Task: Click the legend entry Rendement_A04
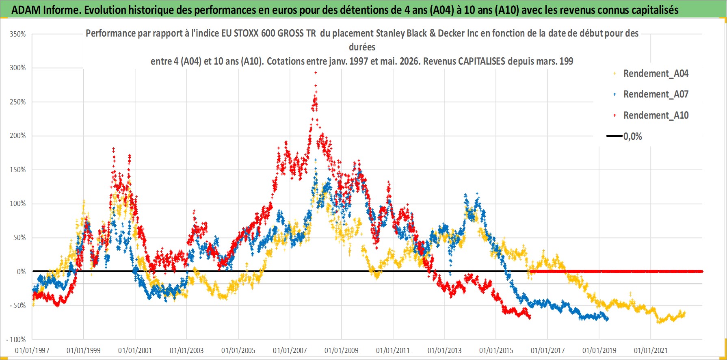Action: (x=656, y=74)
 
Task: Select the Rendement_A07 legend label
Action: (x=656, y=94)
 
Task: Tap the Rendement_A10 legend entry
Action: (x=656, y=115)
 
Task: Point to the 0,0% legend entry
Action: (x=633, y=137)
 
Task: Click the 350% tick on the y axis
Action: (x=18, y=34)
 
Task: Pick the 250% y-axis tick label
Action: (x=18, y=102)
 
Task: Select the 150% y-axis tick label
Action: (x=18, y=170)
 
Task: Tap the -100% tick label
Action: (x=16, y=339)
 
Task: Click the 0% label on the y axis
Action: (x=21, y=272)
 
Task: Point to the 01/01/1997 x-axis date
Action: (x=32, y=350)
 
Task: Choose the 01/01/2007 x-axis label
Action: (x=290, y=350)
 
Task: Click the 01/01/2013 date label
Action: (x=445, y=350)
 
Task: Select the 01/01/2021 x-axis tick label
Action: (x=651, y=350)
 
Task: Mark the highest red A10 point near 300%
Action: (x=316, y=73)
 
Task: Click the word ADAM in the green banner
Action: (x=26, y=10)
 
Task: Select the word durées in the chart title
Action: (x=362, y=47)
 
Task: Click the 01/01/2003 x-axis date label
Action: (x=187, y=350)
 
